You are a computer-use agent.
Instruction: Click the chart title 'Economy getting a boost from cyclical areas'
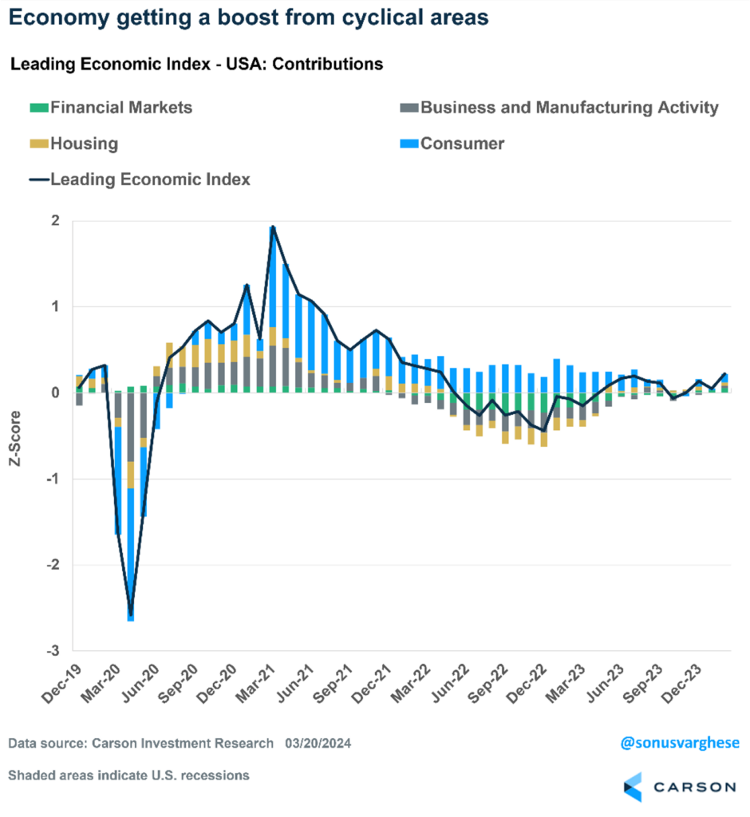tap(250, 18)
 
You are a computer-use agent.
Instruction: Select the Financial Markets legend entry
tap(120, 108)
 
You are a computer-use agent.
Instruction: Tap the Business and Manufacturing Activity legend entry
tap(569, 108)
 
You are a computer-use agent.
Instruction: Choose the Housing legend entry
tap(83, 144)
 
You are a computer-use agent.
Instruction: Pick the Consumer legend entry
tap(462, 144)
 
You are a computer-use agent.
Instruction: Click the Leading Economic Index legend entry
tap(149, 180)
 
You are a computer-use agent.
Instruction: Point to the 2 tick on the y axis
tap(54, 221)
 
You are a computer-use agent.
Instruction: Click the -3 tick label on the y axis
tap(52, 651)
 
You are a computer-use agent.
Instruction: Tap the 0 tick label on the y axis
tap(54, 393)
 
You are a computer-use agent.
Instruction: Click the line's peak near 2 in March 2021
tap(273, 227)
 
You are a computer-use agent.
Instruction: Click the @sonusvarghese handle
tap(679, 743)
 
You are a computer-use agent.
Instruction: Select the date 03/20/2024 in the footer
tap(318, 744)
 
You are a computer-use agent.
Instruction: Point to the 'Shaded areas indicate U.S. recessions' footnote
tap(128, 775)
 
